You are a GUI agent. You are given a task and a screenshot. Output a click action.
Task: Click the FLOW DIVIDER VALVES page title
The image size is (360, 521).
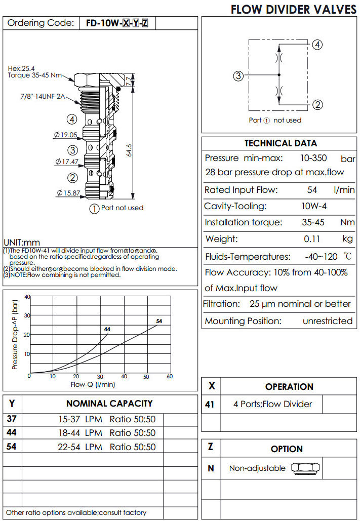pyautogui.click(x=293, y=9)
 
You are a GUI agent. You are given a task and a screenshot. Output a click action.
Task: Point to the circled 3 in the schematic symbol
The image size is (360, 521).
pyautogui.click(x=238, y=76)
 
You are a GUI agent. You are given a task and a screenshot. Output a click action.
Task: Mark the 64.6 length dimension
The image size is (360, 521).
pyautogui.click(x=129, y=151)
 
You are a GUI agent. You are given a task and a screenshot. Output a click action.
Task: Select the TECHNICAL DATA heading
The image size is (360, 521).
pyautogui.click(x=280, y=143)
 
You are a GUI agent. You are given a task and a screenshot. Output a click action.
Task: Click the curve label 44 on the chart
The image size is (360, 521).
pyautogui.click(x=107, y=329)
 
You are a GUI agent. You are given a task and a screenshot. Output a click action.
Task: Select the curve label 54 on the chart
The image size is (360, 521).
pyautogui.click(x=159, y=322)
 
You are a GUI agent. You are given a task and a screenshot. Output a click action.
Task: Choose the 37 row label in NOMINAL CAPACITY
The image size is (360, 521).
pyautogui.click(x=12, y=419)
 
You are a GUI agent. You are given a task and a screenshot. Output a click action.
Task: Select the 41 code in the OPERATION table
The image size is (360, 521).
pyautogui.click(x=211, y=404)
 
